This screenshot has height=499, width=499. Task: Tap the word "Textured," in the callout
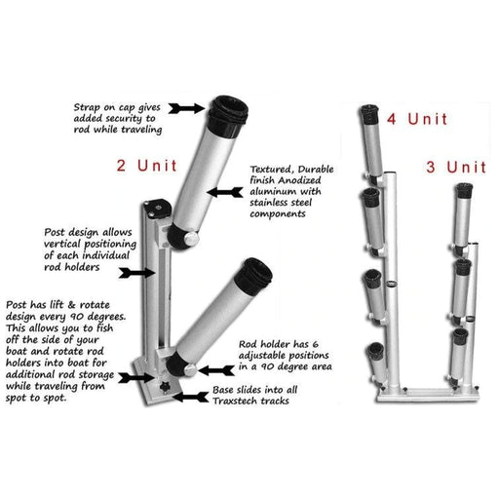272,167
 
